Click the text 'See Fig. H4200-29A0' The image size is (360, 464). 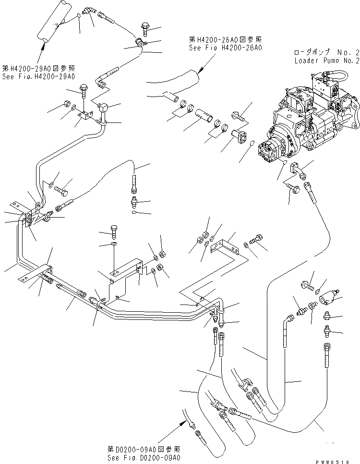pos(38,76)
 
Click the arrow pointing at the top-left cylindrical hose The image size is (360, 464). pos(42,48)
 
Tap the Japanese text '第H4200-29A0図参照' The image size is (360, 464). pos(38,69)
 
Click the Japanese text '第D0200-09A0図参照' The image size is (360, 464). pos(144,449)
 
